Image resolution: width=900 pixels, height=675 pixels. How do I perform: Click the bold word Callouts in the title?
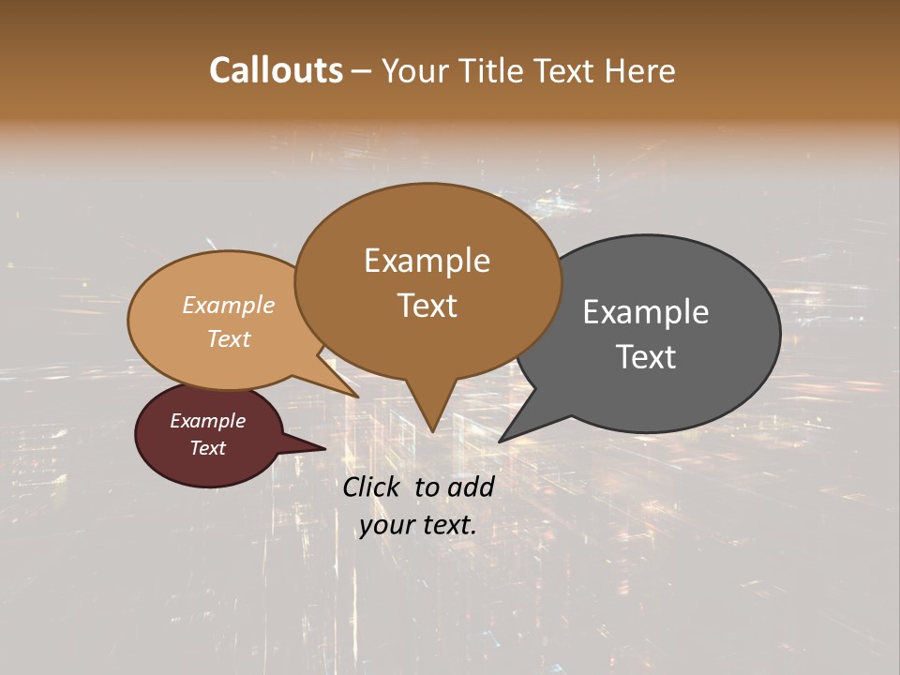pos(276,70)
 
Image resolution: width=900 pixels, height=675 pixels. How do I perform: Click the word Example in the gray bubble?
pos(646,312)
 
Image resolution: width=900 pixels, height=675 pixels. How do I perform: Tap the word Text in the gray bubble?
pos(646,356)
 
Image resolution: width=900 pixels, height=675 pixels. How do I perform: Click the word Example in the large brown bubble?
pos(427,261)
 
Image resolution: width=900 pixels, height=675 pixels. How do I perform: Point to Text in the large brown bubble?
pos(427,306)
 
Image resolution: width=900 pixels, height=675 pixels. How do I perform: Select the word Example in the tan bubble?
pos(229,305)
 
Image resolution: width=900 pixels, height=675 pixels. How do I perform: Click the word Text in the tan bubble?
pos(229,338)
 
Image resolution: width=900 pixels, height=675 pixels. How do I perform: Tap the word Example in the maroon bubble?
pos(207,421)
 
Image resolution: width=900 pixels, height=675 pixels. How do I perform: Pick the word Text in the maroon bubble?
pos(207,448)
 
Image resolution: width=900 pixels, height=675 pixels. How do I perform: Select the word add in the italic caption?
pos(471,487)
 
